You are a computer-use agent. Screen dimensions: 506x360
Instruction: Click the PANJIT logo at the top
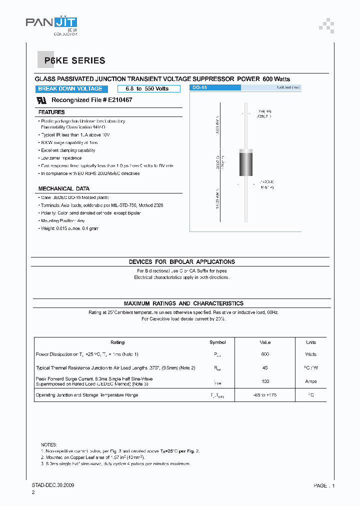(x=51, y=23)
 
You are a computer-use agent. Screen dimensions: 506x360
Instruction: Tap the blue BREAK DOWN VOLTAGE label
(x=70, y=89)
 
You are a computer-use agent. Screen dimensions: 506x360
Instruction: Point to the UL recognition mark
(x=42, y=100)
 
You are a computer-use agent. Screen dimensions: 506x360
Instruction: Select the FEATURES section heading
(x=51, y=112)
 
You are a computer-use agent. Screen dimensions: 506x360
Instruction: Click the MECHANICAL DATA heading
(x=64, y=189)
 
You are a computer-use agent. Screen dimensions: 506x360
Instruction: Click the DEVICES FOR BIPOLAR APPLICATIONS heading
(x=181, y=262)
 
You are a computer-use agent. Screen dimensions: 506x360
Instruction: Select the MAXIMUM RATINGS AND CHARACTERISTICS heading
(x=183, y=303)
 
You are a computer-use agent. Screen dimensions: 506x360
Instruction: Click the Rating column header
(x=117, y=342)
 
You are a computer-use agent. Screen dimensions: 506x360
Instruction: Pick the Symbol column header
(x=217, y=342)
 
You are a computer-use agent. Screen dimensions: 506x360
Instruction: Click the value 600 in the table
(x=265, y=354)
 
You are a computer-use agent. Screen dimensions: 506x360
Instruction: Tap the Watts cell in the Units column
(x=310, y=354)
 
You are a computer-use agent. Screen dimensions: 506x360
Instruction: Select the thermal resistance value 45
(x=265, y=368)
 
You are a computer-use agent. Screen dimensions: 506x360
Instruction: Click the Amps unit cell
(x=310, y=381)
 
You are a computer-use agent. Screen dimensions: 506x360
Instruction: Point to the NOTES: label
(x=49, y=444)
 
